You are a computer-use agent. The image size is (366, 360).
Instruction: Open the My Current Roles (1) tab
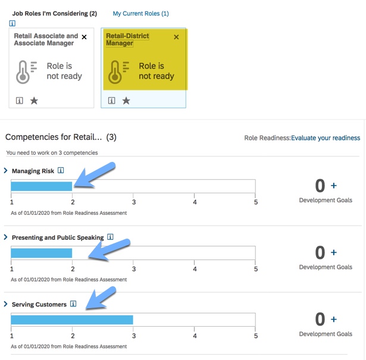141,14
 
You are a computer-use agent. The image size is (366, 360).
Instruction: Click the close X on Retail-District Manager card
176,37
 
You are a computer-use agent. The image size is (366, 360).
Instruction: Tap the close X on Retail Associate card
84,37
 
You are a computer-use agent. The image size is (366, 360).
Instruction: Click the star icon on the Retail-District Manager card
126,101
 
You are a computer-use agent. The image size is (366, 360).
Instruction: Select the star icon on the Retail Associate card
34,101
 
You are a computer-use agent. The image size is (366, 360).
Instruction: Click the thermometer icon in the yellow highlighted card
115,72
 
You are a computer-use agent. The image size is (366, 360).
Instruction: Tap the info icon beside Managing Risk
61,171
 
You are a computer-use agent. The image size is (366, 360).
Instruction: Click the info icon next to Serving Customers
73,304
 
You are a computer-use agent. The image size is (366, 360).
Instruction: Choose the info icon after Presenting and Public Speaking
110,237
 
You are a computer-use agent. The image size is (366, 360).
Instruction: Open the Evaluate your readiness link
326,138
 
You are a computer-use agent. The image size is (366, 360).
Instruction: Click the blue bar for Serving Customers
72,320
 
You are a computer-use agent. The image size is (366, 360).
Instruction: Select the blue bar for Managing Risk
42,186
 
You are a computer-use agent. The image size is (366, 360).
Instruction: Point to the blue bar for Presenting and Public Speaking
42,253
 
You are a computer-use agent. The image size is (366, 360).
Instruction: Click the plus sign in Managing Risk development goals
334,186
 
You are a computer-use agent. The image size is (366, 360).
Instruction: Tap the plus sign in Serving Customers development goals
334,319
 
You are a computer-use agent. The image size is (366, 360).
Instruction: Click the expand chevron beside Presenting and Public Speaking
5,237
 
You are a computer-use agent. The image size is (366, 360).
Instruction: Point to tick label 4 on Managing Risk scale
195,202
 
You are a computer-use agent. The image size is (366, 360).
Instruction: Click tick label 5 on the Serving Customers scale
256,336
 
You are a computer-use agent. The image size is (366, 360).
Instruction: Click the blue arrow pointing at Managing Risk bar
95,175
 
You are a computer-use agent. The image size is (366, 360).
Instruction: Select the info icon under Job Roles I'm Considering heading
12,23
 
